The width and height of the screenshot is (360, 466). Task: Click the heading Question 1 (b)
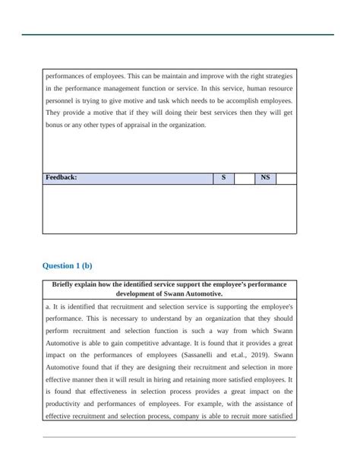(68, 266)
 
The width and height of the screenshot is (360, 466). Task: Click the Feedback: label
(62, 178)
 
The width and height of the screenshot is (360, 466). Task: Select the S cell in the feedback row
(223, 178)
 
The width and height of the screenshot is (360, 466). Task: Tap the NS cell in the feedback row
(265, 178)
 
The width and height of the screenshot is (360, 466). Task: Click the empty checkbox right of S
(245, 178)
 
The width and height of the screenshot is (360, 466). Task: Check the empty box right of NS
(286, 178)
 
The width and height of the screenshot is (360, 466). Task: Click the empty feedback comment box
(169, 208)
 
